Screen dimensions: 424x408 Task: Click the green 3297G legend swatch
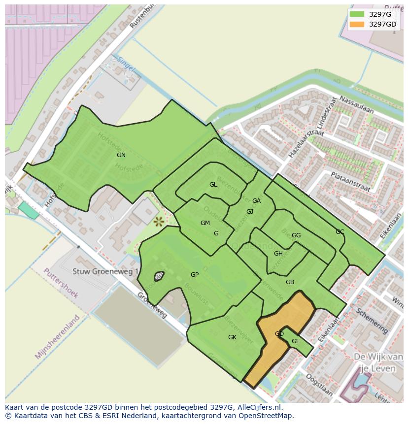coord(357,14)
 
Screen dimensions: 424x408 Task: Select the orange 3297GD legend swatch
coord(357,24)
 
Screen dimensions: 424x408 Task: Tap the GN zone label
coord(121,155)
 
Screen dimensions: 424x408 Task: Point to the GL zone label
coord(213,185)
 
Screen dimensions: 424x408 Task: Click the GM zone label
coord(205,223)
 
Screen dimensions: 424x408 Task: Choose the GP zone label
coord(195,275)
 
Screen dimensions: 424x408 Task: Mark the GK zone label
coord(233,337)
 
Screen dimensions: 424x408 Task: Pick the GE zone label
coord(296,341)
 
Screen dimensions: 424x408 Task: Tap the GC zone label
coord(340,232)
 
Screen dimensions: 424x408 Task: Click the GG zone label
coord(296,235)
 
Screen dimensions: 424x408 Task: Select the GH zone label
coord(278,254)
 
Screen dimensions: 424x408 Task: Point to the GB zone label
coord(290,282)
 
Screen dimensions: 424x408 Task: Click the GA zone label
coord(256,201)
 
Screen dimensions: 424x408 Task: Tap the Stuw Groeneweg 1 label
coord(106,271)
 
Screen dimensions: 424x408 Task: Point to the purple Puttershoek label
coord(61,283)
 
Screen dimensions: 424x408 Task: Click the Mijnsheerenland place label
coord(58,337)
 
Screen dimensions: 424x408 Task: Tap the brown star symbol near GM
coord(159,222)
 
